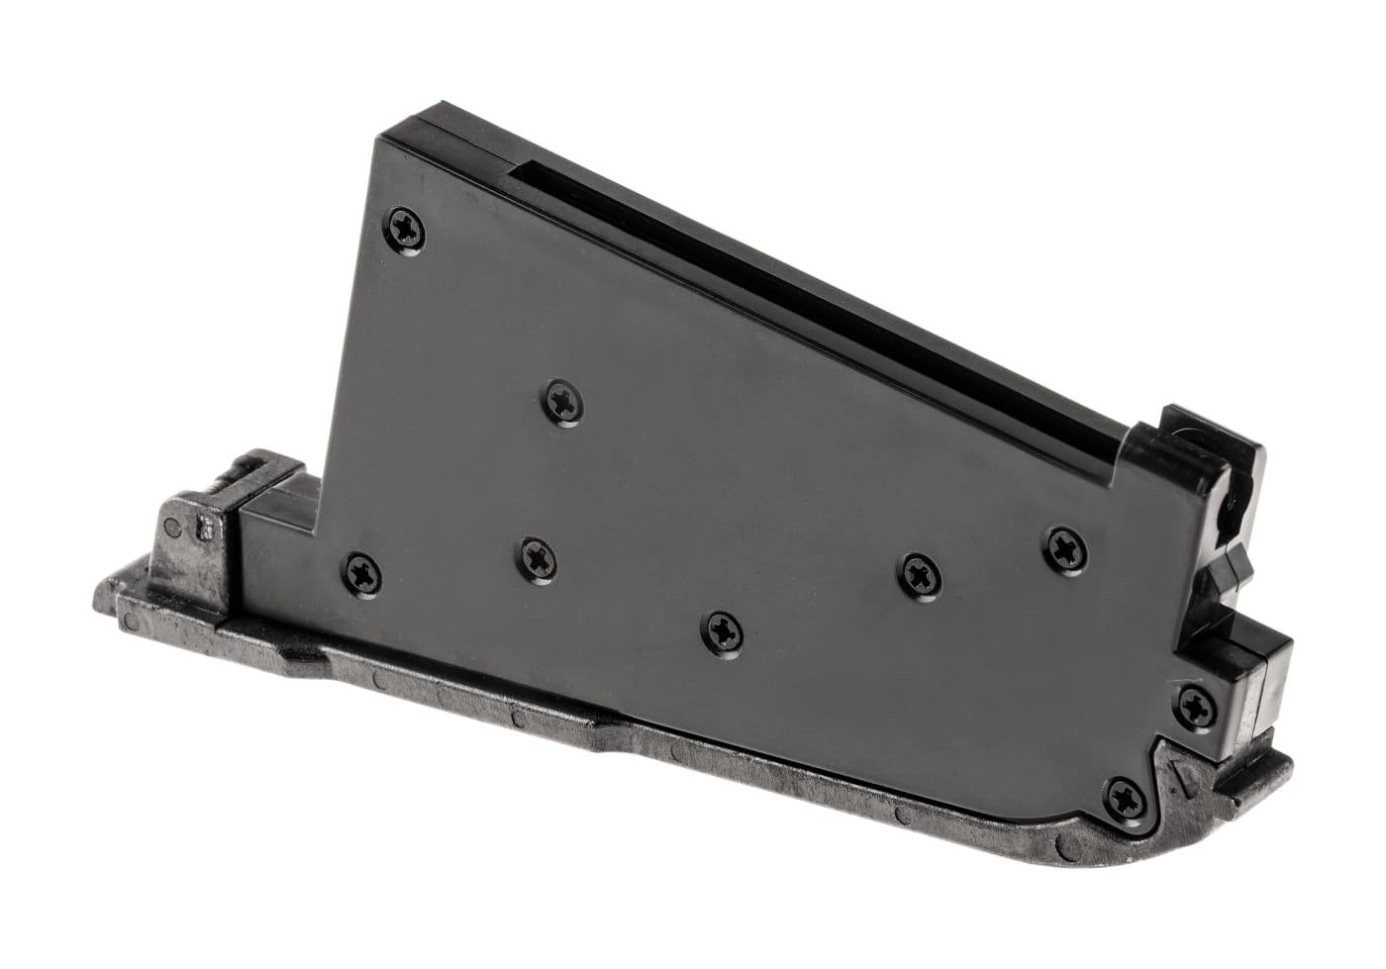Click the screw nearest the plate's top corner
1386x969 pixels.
pos(409,228)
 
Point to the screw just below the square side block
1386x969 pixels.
pos(1195,703)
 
